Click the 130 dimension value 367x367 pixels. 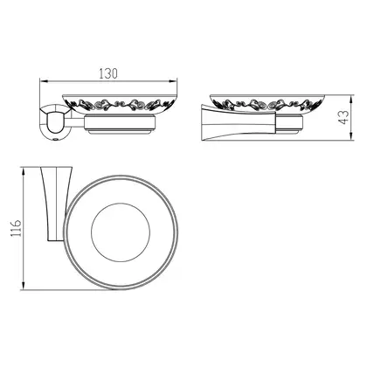108,73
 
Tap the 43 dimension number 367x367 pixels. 344,117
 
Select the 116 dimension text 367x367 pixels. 17,228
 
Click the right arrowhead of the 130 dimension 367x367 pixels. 173,82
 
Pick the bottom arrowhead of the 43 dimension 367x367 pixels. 351,136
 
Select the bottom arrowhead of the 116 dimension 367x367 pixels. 24,286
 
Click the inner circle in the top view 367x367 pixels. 121,203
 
